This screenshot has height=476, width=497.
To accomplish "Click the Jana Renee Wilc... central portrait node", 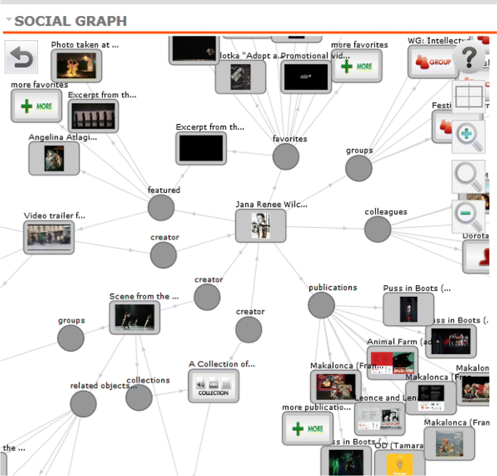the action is point(260,226).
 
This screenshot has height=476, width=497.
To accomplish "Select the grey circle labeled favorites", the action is point(286,156).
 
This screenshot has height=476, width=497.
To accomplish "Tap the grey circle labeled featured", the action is point(161,208).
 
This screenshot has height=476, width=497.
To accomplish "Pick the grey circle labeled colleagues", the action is point(377,229).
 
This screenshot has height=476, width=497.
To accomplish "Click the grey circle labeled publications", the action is point(321,305).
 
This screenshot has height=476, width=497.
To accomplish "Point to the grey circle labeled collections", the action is point(139,398).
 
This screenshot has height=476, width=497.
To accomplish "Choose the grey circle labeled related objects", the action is point(83,404).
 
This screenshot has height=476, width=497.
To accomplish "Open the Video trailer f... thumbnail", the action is point(49,237).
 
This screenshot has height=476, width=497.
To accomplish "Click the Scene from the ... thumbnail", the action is point(134,318).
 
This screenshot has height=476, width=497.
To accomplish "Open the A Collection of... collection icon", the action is point(213,386).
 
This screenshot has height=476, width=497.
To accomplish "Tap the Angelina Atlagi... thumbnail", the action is point(54,158).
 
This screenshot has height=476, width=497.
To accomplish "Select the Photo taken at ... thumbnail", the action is point(76,66).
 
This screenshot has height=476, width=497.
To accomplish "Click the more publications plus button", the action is point(308,428).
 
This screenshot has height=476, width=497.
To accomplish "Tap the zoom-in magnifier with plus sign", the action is point(468,136).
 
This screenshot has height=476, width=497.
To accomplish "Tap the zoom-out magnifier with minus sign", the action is point(468,216).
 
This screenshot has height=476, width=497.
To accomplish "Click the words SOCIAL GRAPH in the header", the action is point(70,21).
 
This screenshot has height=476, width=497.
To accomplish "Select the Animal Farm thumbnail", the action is point(393,363).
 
